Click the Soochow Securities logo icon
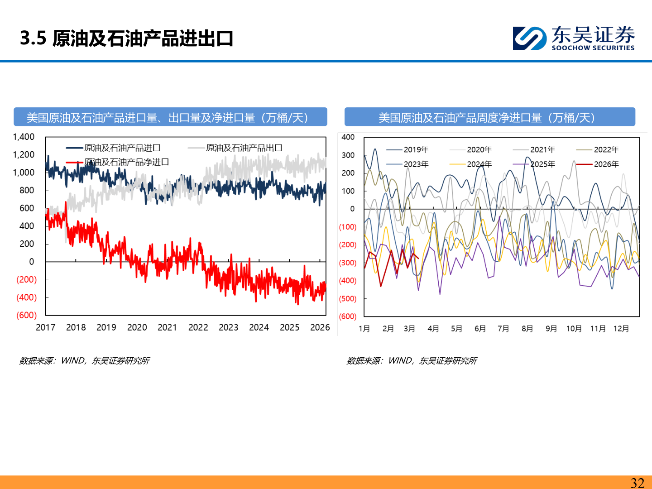point(529,38)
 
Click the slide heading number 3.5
point(33,38)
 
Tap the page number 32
point(637,483)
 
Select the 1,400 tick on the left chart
point(24,137)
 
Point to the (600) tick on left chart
point(26,315)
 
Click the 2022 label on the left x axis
point(198,327)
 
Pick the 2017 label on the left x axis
point(45,327)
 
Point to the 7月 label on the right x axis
point(503,329)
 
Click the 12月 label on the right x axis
point(621,329)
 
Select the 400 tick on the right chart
point(348,137)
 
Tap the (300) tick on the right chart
point(348,263)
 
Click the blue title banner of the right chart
point(489,117)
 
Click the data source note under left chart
point(84,361)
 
